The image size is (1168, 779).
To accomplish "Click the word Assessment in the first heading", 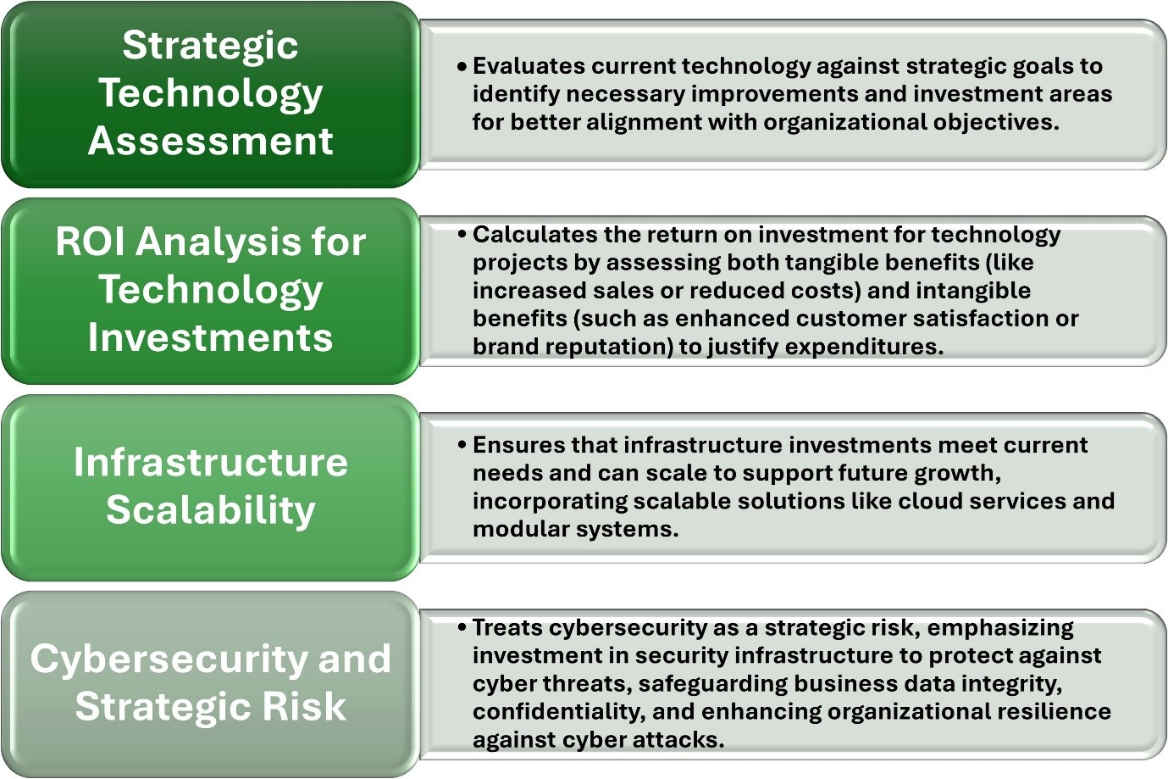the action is tap(211, 141).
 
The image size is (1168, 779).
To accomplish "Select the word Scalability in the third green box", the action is tap(211, 510).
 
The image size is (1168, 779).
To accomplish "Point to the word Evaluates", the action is tap(529, 66).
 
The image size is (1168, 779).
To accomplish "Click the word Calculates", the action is tap(535, 235).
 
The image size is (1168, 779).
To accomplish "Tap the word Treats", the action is tap(507, 627).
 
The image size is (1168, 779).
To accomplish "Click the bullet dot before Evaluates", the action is tap(462, 67).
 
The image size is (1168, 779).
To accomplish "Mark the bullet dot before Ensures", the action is tap(462, 446).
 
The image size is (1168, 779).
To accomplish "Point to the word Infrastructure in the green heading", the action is tap(211, 462).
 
